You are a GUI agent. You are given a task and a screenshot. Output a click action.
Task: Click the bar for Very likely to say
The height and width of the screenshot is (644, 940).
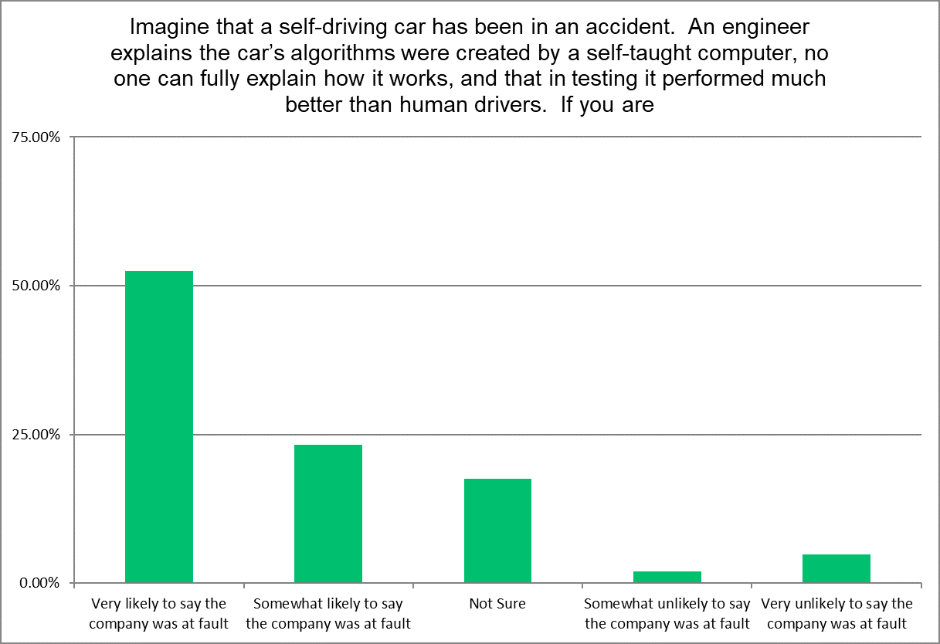click(x=159, y=426)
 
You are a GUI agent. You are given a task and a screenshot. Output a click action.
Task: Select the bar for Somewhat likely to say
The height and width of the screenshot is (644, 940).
click(x=328, y=514)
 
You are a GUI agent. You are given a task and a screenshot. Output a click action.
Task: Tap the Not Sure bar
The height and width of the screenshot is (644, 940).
click(x=497, y=530)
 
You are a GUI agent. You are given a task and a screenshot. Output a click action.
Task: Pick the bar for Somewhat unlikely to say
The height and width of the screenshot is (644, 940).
click(x=667, y=577)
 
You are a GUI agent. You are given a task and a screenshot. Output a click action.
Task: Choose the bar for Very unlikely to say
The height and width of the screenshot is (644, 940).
click(x=836, y=568)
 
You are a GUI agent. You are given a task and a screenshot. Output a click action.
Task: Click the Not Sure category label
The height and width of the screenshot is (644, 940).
click(x=497, y=604)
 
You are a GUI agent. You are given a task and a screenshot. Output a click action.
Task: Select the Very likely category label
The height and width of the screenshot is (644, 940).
click(x=159, y=613)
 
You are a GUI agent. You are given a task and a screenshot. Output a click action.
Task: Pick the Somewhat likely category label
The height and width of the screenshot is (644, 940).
click(x=328, y=613)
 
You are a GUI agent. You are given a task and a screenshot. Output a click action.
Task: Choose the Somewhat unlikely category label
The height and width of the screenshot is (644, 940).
click(x=667, y=613)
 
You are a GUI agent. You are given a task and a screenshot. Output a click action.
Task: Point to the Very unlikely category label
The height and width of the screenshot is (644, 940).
click(x=836, y=613)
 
